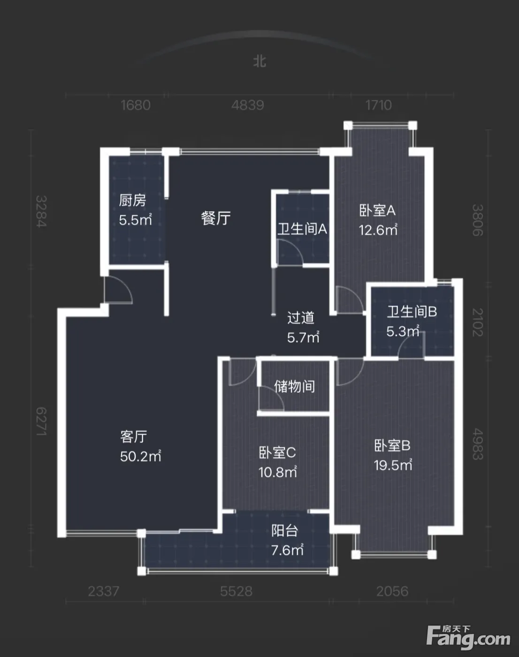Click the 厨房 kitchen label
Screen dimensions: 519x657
pyautogui.click(x=132, y=200)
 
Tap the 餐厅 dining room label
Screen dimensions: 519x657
pyautogui.click(x=215, y=218)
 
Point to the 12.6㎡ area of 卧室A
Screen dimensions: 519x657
pyautogui.click(x=378, y=230)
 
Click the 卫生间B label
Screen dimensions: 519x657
pyautogui.click(x=412, y=312)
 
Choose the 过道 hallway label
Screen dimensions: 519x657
pyautogui.click(x=301, y=318)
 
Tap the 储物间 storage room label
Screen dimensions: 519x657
pyautogui.click(x=294, y=386)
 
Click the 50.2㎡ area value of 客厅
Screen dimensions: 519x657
pyautogui.click(x=140, y=456)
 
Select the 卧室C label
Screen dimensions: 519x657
pyautogui.click(x=277, y=452)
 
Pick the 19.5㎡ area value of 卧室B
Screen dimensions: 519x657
pyautogui.click(x=393, y=465)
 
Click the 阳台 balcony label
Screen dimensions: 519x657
pyautogui.click(x=284, y=531)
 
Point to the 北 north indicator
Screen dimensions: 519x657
pyautogui.click(x=259, y=61)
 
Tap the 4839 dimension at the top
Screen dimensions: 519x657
pyautogui.click(x=248, y=105)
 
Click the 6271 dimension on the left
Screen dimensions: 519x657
pyautogui.click(x=41, y=421)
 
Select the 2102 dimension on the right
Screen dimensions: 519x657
pyautogui.click(x=478, y=322)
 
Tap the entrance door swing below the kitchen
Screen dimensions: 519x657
pyautogui.click(x=118, y=290)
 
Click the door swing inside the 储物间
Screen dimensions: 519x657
pyautogui.click(x=271, y=398)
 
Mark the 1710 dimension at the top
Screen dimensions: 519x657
pyautogui.click(x=379, y=105)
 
